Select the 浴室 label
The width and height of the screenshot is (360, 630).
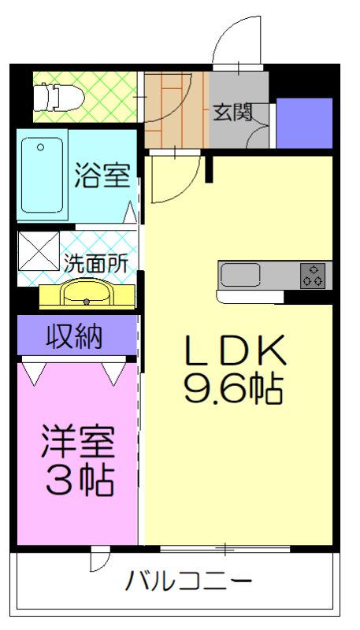(x=102, y=175)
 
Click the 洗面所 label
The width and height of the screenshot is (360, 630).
(x=95, y=263)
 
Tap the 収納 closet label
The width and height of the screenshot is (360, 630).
(x=76, y=336)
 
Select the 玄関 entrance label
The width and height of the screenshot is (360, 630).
(x=232, y=113)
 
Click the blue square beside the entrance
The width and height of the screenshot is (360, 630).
(x=304, y=123)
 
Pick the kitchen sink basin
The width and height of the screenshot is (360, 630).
(x=240, y=276)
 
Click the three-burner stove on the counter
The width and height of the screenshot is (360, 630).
(x=313, y=275)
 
